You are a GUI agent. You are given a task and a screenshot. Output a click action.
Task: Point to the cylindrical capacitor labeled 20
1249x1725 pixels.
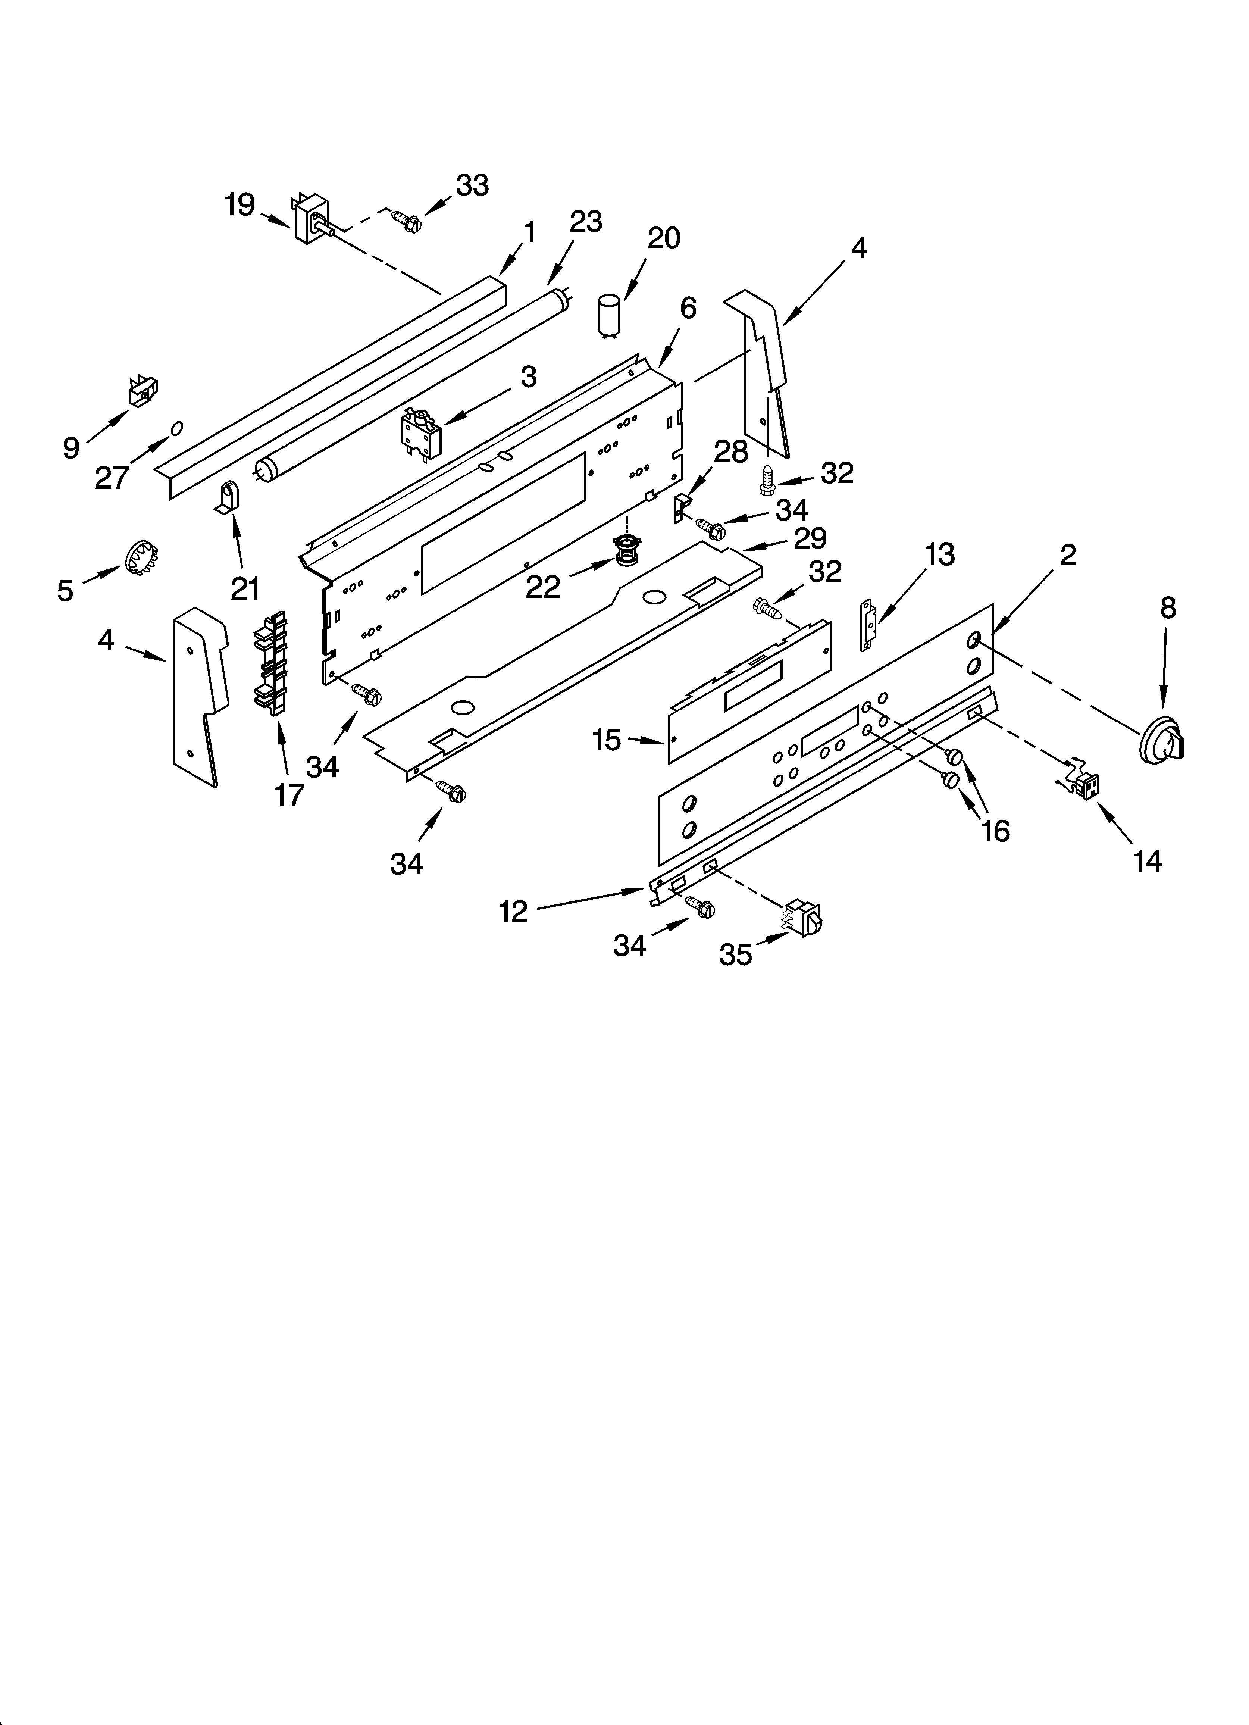609,314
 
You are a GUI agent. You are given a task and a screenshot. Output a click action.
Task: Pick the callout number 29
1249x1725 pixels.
810,538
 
